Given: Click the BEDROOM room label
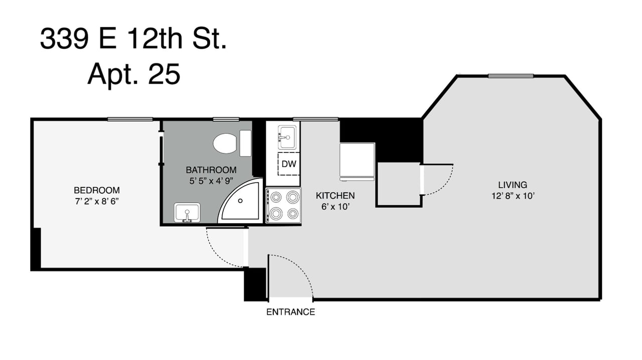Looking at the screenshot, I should (x=97, y=190).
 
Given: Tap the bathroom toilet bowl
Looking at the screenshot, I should (x=225, y=143).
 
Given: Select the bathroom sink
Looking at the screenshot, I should (x=187, y=213).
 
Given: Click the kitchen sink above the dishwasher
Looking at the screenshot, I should (x=287, y=137).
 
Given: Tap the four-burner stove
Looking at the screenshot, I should (x=283, y=205).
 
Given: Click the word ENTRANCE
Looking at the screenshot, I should (x=290, y=312).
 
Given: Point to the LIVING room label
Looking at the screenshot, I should (x=513, y=185).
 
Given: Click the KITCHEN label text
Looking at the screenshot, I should (x=335, y=195).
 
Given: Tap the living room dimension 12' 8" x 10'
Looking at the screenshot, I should (x=513, y=196).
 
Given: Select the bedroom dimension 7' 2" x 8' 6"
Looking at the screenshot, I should (x=97, y=201).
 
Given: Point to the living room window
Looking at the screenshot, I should (x=511, y=76).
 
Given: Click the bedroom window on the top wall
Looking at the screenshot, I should (x=130, y=119).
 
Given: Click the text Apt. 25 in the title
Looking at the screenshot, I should (x=133, y=74).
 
